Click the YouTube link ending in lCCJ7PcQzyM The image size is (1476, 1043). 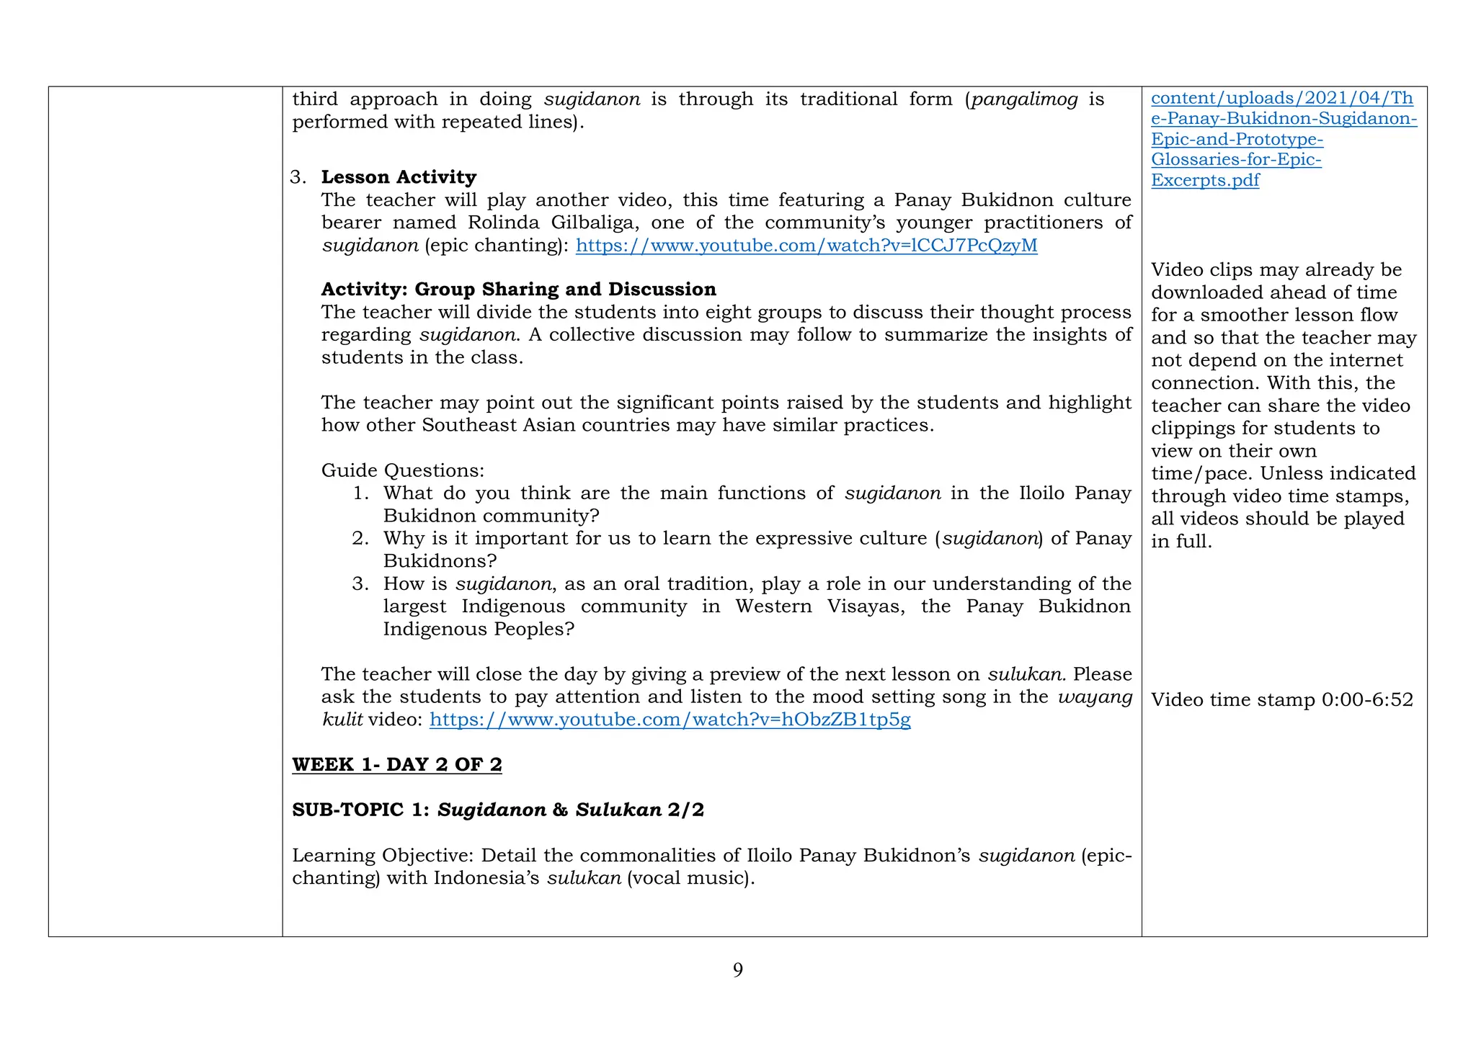[x=806, y=246]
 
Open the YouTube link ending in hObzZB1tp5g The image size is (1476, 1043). [x=670, y=720]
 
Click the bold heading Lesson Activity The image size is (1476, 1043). [x=399, y=177]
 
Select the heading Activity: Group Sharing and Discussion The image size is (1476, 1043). [x=518, y=290]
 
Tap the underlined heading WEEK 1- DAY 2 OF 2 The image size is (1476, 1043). [x=396, y=765]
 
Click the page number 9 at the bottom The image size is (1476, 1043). [x=737, y=970]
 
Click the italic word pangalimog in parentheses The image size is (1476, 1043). [x=1024, y=99]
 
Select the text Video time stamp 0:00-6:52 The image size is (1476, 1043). [x=1281, y=700]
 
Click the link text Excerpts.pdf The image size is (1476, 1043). [x=1204, y=180]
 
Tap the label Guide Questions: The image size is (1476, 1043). [x=402, y=471]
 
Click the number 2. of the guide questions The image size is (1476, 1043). [x=360, y=539]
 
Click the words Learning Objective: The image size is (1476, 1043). [x=383, y=856]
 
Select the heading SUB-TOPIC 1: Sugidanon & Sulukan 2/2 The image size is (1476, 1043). [x=497, y=810]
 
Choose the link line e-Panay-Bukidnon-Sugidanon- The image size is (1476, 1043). [x=1284, y=119]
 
